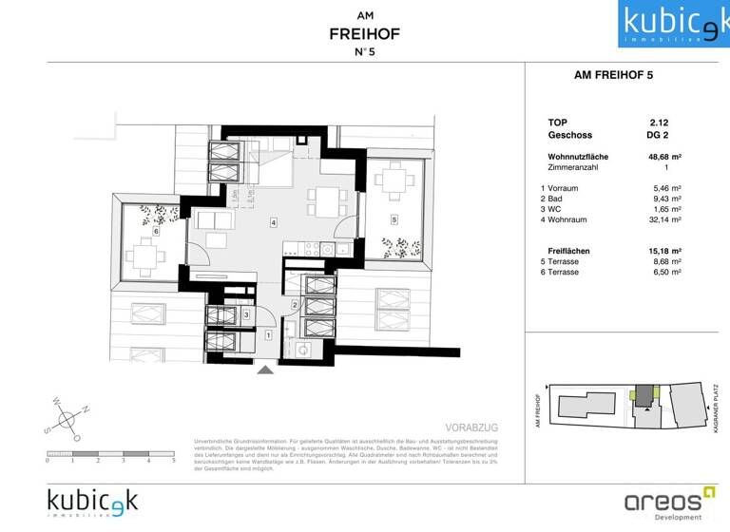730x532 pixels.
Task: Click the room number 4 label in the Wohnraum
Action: [273, 223]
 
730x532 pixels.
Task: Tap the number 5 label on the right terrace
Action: [393, 219]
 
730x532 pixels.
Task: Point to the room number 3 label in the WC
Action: [246, 314]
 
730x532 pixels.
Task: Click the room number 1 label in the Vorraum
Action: [268, 335]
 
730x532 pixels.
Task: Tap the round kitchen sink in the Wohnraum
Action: [326, 250]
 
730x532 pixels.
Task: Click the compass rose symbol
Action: [68, 417]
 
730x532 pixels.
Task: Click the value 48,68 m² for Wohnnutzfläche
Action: [663, 156]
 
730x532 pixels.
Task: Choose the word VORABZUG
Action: [472, 428]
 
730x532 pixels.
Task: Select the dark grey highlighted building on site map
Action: [645, 394]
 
